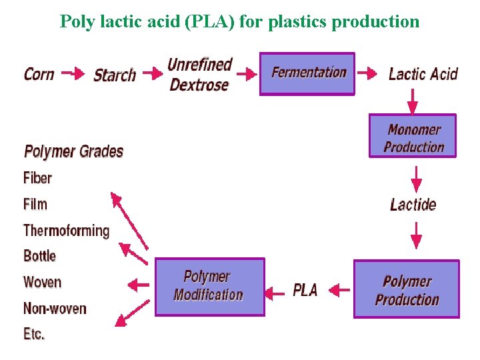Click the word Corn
(39, 73)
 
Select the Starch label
(115, 75)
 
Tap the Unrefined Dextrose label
(199, 75)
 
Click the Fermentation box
(307, 74)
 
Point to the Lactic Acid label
(423, 73)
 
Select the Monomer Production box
(413, 137)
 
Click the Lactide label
(413, 204)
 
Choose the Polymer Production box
(407, 289)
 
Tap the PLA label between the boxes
(305, 290)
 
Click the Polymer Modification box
(209, 287)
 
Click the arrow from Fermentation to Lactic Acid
(368, 73)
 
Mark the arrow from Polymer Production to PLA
(339, 290)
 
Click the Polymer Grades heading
(73, 151)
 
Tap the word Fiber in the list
(37, 178)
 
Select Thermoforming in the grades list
(66, 231)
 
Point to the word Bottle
(39, 256)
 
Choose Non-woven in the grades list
(55, 308)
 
